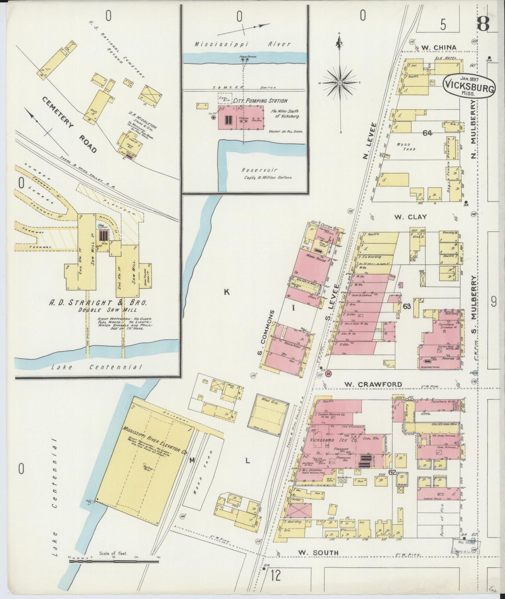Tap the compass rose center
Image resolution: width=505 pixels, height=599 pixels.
pyautogui.click(x=339, y=83)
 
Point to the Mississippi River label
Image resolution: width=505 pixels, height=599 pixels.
pyautogui.click(x=243, y=44)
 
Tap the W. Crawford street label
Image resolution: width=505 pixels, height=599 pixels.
pyautogui.click(x=368, y=384)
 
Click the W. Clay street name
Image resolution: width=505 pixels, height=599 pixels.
pyautogui.click(x=410, y=217)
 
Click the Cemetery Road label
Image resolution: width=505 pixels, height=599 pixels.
pyautogui.click(x=69, y=124)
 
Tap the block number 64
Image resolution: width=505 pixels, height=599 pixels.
pyautogui.click(x=427, y=133)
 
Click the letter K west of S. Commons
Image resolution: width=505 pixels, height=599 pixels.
pyautogui.click(x=226, y=292)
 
